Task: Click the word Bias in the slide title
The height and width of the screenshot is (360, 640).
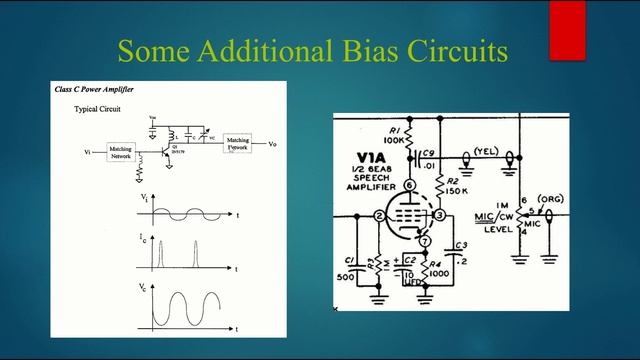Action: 344,50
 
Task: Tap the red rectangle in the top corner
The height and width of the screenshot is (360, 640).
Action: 567,29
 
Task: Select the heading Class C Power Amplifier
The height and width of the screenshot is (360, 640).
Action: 95,90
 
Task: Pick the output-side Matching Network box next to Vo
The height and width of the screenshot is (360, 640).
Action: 238,143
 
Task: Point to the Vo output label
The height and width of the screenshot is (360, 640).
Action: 273,144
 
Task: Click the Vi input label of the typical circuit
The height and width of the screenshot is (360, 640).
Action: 88,152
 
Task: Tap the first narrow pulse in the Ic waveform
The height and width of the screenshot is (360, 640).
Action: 158,255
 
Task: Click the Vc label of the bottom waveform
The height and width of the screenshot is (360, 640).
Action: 145,287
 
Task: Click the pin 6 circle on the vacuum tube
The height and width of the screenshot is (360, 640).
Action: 411,186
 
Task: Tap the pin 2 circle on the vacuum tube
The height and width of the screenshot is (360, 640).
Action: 379,215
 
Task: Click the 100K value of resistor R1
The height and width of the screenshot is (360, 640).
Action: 394,141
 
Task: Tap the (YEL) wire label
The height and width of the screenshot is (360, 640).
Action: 486,152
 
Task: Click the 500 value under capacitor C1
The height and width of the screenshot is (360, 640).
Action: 347,277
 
